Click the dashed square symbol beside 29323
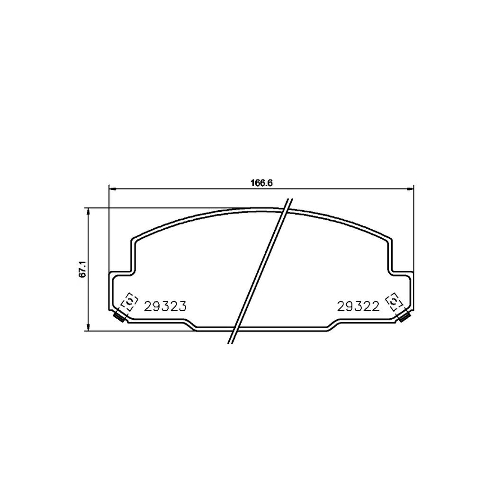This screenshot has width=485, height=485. [128, 302]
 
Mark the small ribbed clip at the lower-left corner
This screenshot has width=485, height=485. [120, 318]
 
